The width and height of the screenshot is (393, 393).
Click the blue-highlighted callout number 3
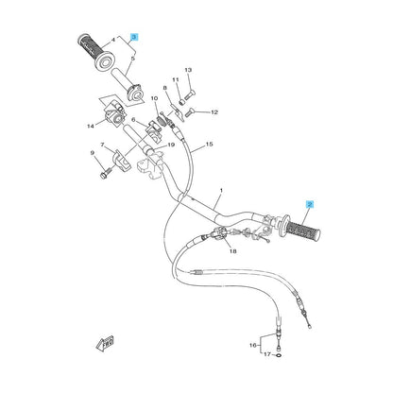pos(134,37)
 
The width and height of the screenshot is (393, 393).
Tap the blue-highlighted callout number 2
pos(310,205)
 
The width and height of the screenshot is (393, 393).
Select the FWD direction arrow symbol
pos(105,343)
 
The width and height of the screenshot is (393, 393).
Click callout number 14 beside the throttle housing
pos(91,127)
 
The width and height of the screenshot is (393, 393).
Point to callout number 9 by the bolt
pos(93,153)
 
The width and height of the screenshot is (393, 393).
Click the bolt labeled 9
pos(106,173)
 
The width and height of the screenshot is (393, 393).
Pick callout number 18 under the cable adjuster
pos(232,251)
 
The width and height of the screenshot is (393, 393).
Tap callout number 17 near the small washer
pos(267,354)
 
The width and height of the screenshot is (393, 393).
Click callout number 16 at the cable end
pos(253,345)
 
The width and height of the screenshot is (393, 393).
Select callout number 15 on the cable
pos(209,145)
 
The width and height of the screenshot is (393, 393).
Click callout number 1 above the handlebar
pos(221,190)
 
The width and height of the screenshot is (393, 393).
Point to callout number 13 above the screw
pos(188,70)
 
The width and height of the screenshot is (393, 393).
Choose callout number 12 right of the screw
pos(214,111)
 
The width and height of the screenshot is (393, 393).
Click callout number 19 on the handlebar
pos(171,145)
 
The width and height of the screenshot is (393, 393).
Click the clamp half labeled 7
pos(122,160)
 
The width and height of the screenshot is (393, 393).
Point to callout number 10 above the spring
pos(154,98)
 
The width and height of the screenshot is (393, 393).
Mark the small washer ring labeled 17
pos(279,355)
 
